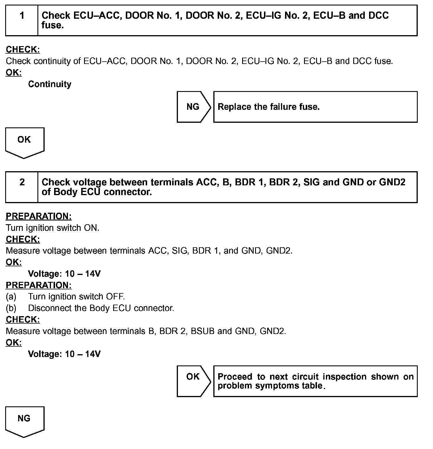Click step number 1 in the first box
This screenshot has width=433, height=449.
pos(22,16)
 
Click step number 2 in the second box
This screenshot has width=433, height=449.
pos(22,182)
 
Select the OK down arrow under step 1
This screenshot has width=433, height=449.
pos(24,141)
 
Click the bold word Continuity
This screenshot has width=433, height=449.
pos(50,84)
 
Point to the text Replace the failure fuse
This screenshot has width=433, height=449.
pos(269,107)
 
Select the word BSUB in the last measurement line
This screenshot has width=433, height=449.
pos(203,331)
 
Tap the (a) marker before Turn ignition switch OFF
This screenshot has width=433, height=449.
pos(11,297)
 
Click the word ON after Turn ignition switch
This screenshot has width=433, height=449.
pos(91,228)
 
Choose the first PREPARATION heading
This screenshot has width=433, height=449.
pos(39,216)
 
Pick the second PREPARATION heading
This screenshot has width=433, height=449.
pos(39,285)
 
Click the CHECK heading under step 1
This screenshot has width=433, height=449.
pos(23,50)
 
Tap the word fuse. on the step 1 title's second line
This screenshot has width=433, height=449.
pos(52,25)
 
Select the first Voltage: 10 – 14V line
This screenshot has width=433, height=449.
pos(64,274)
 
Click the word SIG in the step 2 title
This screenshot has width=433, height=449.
pos(312,182)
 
